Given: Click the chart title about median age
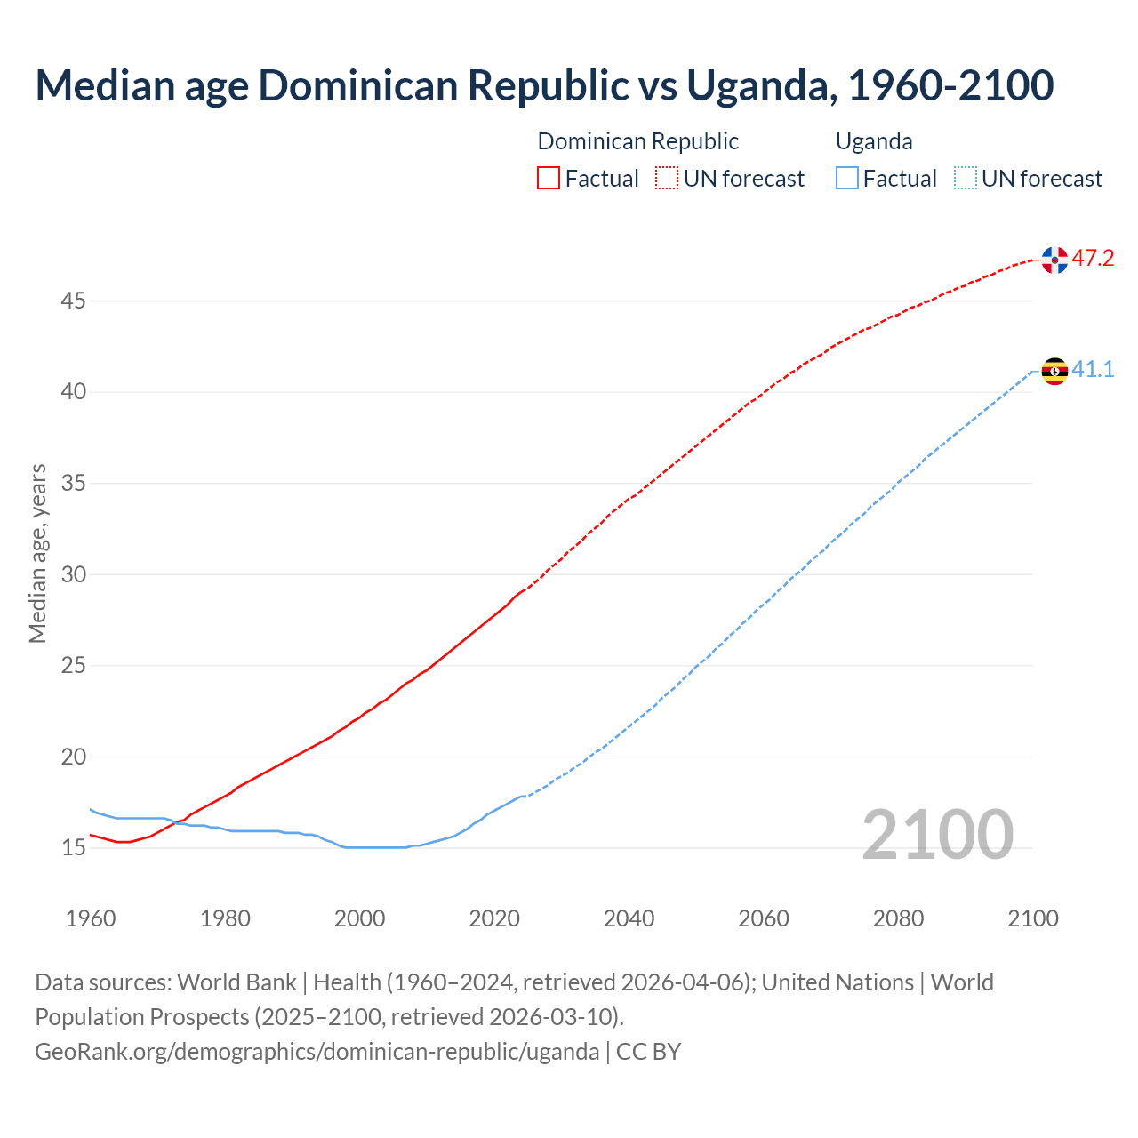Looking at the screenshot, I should coord(544,85).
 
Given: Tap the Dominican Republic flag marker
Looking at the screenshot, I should coord(1054,260).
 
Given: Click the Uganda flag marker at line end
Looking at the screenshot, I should coord(1054,371).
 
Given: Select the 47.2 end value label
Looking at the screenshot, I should coord(1093,259).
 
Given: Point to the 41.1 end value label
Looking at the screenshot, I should coord(1093,369).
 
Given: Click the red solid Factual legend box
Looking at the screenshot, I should coord(549,179).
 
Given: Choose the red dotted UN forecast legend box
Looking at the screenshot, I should coord(667,179).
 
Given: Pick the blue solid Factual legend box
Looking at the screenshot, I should coord(847,179).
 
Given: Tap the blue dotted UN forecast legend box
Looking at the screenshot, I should coord(966,179).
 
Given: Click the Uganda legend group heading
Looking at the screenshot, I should coord(874,141).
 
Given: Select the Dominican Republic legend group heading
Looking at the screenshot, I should coord(637,141).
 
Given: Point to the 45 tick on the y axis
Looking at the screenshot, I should coord(73,301).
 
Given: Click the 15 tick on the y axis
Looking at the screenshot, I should coord(73,848).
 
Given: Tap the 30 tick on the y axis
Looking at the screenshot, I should coord(73,574).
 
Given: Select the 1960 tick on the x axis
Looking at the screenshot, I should coord(91,918).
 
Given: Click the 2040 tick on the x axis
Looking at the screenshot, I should coord(629,918).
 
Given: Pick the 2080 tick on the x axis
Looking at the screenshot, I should coord(898,918).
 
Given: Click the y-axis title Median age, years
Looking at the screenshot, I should coord(37,553).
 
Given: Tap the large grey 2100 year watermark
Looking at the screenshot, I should coord(937,835).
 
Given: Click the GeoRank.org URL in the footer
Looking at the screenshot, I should coord(317,1052).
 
